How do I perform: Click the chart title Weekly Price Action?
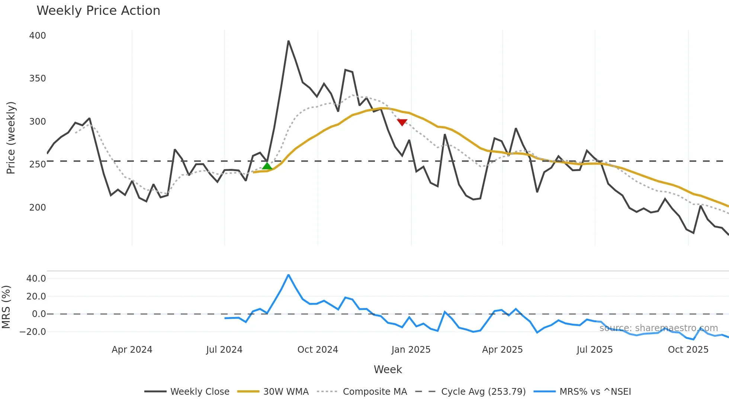click(x=98, y=11)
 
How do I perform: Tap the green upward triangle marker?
click(x=267, y=166)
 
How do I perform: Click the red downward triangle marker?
click(x=402, y=122)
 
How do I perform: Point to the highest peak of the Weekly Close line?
click(x=288, y=41)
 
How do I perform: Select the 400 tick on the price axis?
click(x=38, y=36)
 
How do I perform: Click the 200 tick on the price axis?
click(x=38, y=208)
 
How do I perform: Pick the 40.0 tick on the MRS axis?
click(x=36, y=279)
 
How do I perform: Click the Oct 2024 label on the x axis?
click(x=318, y=350)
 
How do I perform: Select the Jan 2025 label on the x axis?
click(x=411, y=350)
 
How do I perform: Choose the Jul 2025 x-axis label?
click(x=594, y=350)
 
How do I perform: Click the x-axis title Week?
click(x=388, y=369)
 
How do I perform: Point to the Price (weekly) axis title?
click(x=11, y=138)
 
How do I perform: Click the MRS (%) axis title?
click(x=6, y=307)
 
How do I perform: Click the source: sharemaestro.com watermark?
click(x=658, y=328)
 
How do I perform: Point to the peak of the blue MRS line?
click(x=288, y=275)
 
